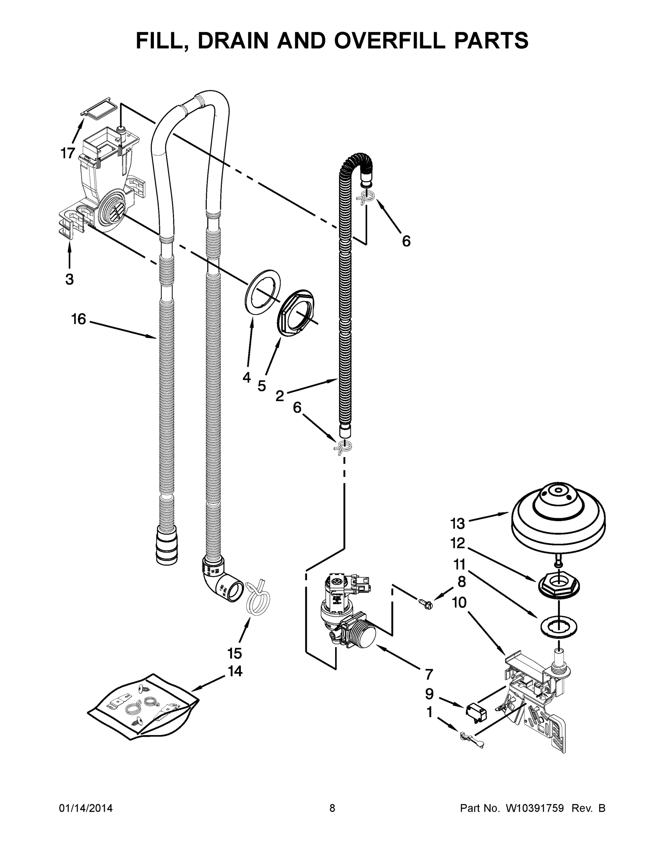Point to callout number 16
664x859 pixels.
click(78, 319)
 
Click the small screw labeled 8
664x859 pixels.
click(425, 602)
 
